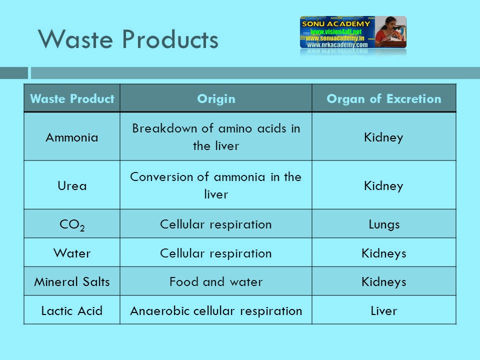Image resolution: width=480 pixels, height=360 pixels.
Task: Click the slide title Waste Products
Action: (x=128, y=39)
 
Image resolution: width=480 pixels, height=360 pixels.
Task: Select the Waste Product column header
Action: (x=72, y=98)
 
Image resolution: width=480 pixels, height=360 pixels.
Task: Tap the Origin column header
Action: (x=216, y=98)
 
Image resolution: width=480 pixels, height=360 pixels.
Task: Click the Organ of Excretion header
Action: (x=383, y=98)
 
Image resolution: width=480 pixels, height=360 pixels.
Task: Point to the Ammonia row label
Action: (x=72, y=137)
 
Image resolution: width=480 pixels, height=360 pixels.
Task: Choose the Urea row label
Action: (x=72, y=186)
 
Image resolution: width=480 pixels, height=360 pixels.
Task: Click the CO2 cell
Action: (x=72, y=224)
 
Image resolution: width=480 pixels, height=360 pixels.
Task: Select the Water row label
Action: (x=72, y=253)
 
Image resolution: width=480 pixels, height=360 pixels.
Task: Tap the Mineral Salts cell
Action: (x=72, y=282)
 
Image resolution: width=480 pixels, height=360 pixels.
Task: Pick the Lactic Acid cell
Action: (x=72, y=311)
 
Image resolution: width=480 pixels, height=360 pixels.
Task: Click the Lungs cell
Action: (x=383, y=224)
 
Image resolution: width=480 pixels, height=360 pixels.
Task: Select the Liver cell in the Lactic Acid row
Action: (x=383, y=311)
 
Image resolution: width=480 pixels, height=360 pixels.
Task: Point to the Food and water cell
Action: (x=216, y=282)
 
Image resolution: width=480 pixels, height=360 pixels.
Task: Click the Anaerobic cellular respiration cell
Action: (x=216, y=311)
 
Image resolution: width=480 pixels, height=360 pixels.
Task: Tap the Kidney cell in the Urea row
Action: (x=383, y=186)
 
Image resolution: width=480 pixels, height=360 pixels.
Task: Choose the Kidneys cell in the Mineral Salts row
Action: (x=383, y=282)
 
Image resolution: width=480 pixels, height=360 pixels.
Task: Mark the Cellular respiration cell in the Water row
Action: (x=216, y=253)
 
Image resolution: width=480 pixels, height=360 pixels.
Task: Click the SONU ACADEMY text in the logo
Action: (x=335, y=23)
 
